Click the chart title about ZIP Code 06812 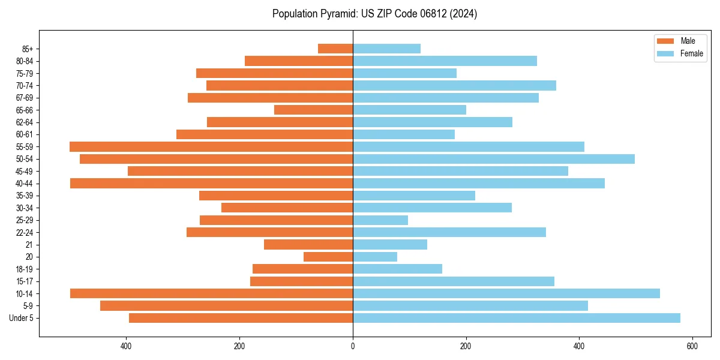click(x=374, y=14)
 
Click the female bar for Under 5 click(x=517, y=318)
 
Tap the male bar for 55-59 click(x=211, y=146)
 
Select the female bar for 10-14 click(x=506, y=293)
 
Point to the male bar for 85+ click(x=335, y=49)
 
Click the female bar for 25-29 click(x=380, y=220)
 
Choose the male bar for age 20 click(x=328, y=257)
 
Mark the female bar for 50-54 click(x=494, y=159)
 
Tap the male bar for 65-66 click(x=313, y=110)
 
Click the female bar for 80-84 click(x=445, y=61)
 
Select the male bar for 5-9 click(x=226, y=305)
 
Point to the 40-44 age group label click(x=25, y=184)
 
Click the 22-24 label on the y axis click(x=25, y=233)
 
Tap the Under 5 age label click(x=22, y=318)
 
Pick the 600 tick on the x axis click(x=692, y=346)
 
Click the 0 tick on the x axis click(x=353, y=346)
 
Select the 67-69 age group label click(x=25, y=98)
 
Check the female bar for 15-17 click(x=454, y=281)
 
